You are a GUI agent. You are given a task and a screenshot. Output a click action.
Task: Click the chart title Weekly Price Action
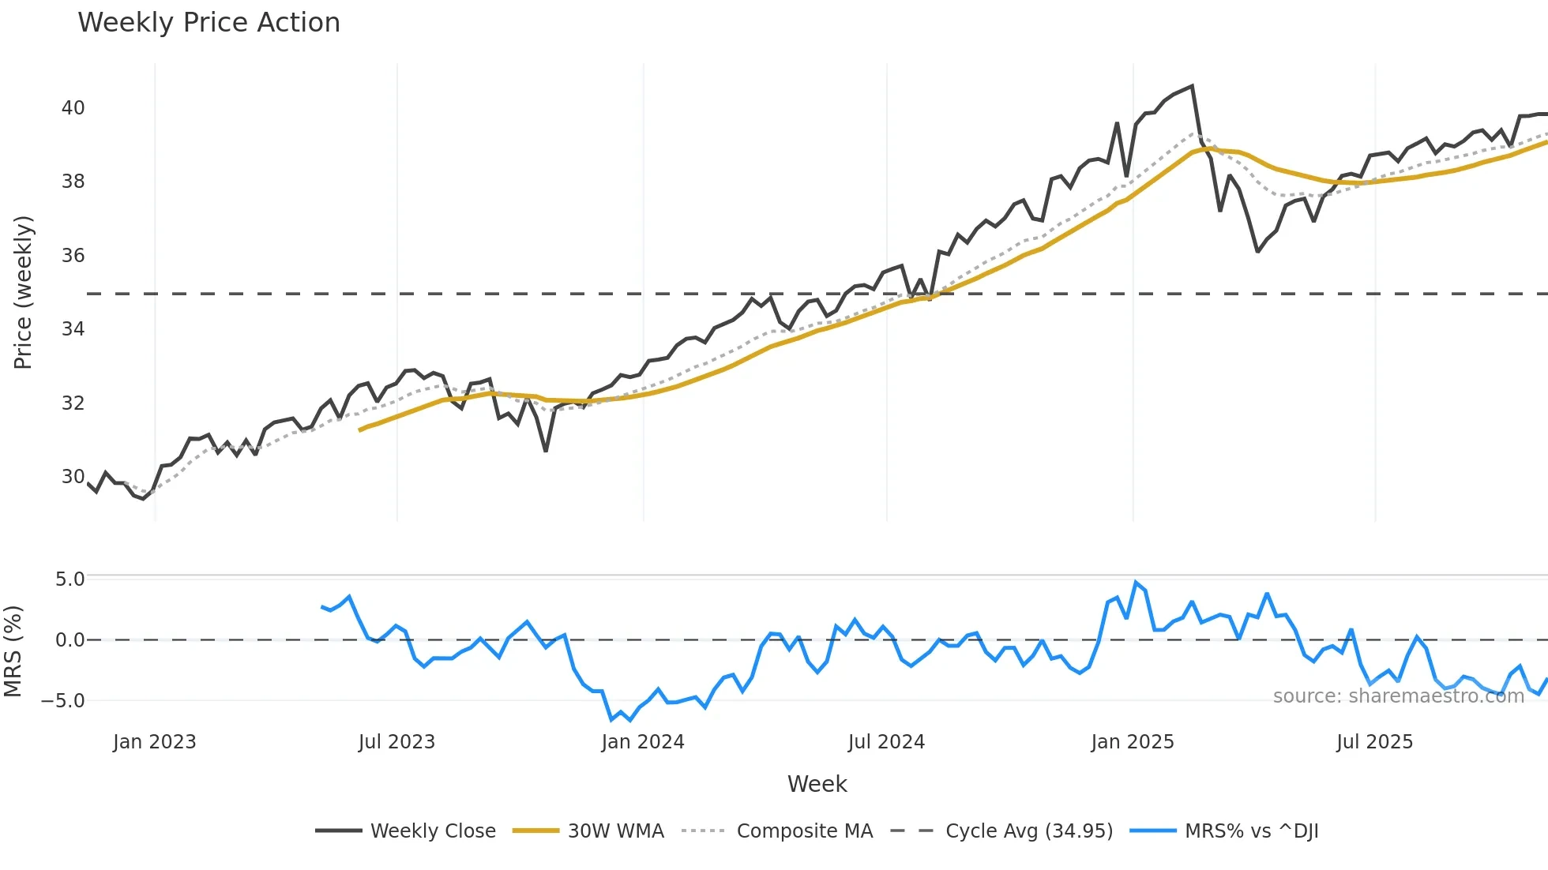(209, 23)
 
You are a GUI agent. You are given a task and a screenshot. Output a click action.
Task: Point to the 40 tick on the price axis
(73, 108)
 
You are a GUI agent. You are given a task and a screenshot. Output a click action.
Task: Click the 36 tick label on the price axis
(73, 256)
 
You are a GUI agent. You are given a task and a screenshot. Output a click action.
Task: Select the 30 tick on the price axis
(73, 477)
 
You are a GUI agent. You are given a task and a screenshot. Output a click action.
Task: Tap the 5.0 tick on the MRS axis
(70, 579)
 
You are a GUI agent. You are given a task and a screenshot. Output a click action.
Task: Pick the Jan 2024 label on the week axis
(642, 742)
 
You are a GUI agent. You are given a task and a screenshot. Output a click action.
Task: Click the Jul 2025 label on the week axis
(1374, 742)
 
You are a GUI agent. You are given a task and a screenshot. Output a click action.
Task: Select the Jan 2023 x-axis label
(154, 742)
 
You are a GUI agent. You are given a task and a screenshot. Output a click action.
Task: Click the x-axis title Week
(817, 784)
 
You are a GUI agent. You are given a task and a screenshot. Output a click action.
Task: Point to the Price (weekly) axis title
(23, 292)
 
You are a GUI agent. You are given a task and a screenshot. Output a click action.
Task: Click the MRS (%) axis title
(13, 651)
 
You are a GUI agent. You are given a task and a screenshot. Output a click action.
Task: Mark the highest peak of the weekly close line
(1192, 86)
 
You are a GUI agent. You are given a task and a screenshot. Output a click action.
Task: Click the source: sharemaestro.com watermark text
(1398, 696)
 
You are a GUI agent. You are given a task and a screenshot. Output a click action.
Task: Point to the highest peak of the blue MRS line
(1136, 583)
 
